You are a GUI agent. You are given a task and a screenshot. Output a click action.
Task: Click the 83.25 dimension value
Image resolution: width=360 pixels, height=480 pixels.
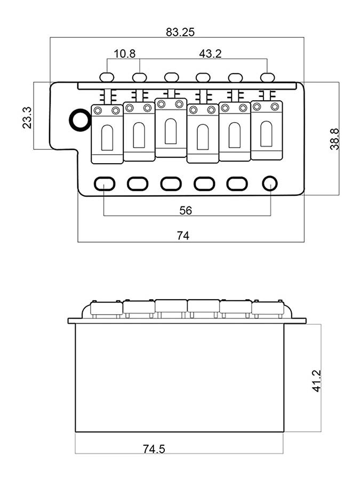tap(180, 32)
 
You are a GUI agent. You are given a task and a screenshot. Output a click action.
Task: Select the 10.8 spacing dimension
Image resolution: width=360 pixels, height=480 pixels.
tap(124, 54)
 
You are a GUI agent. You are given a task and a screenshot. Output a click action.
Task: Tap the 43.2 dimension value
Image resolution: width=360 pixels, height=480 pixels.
tap(210, 54)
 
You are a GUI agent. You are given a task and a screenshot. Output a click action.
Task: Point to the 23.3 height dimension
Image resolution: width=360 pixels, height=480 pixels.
tap(27, 117)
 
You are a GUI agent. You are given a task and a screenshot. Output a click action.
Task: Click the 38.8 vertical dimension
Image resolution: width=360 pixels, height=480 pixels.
tap(334, 139)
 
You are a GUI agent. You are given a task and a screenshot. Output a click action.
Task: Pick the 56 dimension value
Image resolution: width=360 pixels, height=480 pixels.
tap(186, 210)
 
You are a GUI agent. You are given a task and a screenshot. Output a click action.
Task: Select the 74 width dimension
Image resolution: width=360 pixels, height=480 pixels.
tap(183, 236)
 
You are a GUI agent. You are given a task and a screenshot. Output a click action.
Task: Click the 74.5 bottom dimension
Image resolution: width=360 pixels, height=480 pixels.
tap(154, 449)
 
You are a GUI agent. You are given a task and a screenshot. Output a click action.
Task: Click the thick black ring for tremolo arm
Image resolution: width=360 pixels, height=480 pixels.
tap(80, 119)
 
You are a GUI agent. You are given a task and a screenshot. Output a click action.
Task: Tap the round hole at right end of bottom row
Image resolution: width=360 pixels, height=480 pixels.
tap(270, 183)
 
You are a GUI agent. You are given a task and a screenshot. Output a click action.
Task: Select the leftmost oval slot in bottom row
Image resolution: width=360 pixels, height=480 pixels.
tap(105, 184)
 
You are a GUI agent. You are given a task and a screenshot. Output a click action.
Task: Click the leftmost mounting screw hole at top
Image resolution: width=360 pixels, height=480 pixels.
tap(107, 77)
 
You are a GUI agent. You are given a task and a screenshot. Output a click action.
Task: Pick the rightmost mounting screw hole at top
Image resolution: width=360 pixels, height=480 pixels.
tap(267, 77)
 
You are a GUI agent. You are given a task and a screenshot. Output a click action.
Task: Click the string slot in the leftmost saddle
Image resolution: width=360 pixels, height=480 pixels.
tap(107, 137)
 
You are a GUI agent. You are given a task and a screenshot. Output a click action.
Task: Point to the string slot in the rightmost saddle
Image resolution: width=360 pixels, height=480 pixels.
tap(267, 133)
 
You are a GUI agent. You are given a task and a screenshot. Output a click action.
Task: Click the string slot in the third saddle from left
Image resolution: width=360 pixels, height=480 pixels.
tap(171, 131)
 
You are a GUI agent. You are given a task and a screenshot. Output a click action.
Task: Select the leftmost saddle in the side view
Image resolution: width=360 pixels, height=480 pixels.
tap(107, 308)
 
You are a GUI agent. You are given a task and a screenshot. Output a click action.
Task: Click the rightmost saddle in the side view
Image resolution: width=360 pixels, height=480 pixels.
tap(267, 308)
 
